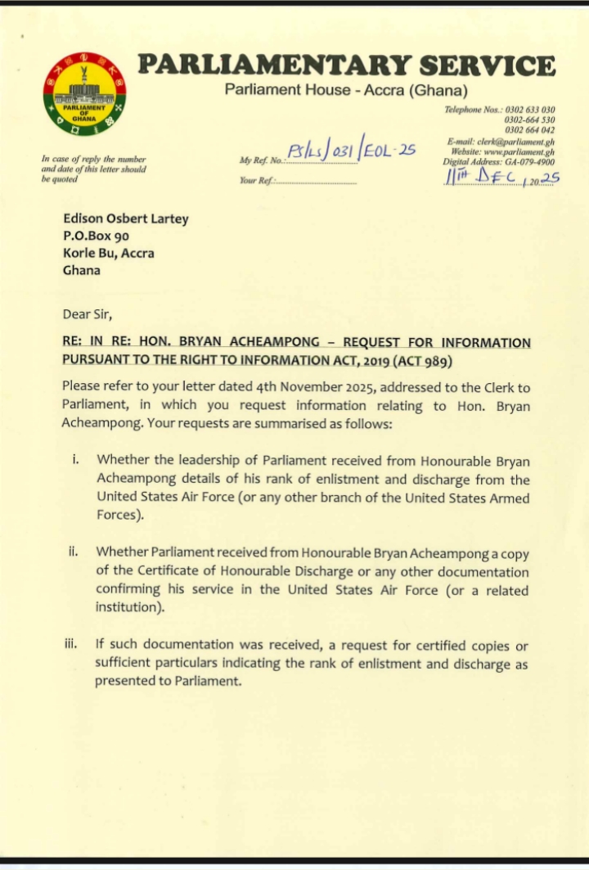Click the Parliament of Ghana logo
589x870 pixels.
(x=86, y=93)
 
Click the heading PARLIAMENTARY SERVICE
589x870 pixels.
(x=346, y=65)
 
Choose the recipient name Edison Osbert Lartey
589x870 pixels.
(x=124, y=219)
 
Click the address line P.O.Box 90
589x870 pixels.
(x=97, y=236)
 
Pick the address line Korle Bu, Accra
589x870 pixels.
(x=109, y=253)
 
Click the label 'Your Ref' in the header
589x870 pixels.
(x=254, y=180)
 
